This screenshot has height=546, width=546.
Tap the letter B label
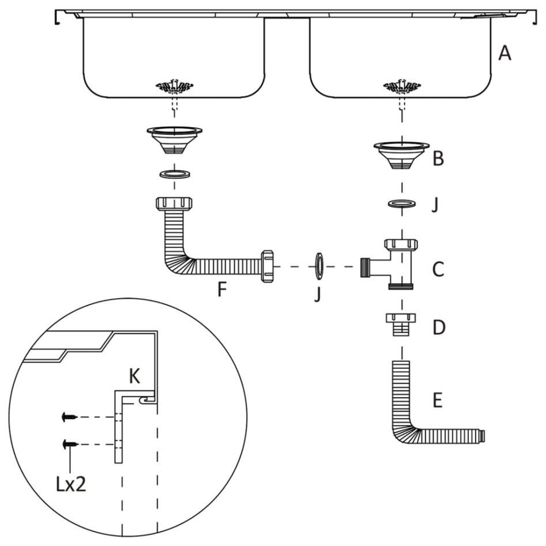click(x=438, y=159)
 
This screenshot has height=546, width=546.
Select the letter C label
click(x=438, y=269)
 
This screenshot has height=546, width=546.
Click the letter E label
click(x=438, y=401)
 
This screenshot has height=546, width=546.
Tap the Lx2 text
click(x=71, y=484)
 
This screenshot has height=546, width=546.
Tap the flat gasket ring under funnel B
click(x=402, y=204)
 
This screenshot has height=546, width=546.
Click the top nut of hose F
click(x=175, y=205)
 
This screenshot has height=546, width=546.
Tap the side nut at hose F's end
click(x=266, y=266)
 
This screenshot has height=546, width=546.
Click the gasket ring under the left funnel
click(x=175, y=174)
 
